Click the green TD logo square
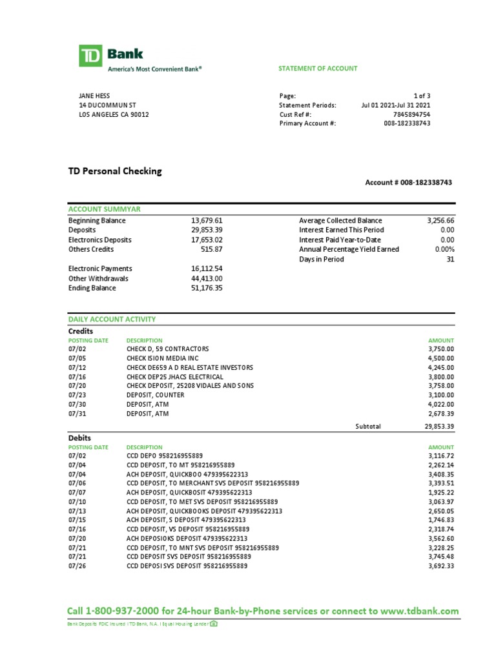coord(91,56)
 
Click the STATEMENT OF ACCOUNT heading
coord(317,68)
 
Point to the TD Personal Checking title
coord(115,171)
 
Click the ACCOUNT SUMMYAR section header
coord(105,209)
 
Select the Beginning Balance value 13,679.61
coord(207,220)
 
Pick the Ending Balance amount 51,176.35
coord(207,288)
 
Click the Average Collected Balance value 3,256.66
coord(440,220)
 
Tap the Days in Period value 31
coord(450,259)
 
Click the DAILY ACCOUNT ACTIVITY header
coord(112,320)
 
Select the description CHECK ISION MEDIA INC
coord(163,358)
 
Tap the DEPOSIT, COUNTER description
coord(155,395)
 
